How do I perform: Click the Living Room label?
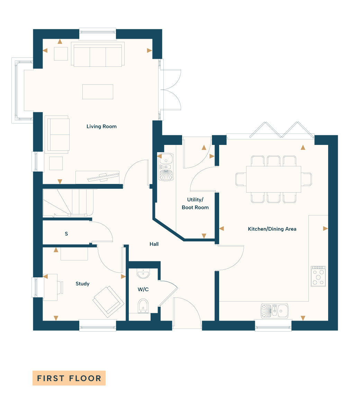click(x=101, y=127)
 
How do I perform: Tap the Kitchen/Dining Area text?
click(x=272, y=229)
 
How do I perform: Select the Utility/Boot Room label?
click(x=195, y=203)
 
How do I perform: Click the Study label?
click(x=82, y=284)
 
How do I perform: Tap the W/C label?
click(x=143, y=289)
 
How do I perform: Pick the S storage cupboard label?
click(x=66, y=234)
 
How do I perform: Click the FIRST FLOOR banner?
click(x=69, y=378)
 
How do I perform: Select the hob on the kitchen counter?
click(x=318, y=276)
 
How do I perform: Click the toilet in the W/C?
click(x=143, y=306)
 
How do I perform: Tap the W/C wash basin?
click(x=143, y=274)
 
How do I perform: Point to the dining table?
click(x=273, y=179)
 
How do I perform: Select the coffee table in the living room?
click(x=98, y=92)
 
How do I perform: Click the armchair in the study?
click(x=108, y=302)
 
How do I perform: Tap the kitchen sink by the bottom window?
click(x=274, y=311)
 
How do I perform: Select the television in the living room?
click(x=103, y=177)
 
